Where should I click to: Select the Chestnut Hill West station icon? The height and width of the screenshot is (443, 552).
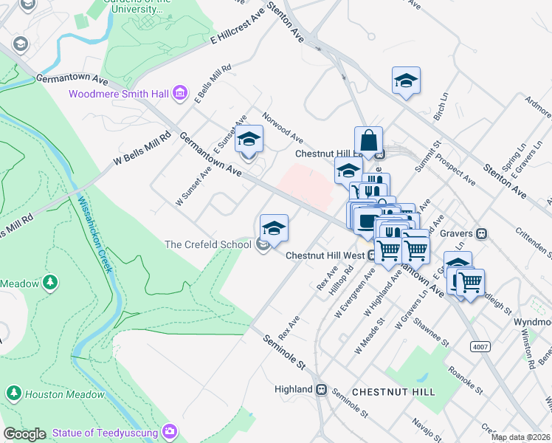tap(373, 255)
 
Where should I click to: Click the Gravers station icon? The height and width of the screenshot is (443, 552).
tap(482, 233)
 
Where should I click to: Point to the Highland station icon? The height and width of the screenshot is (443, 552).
tap(322, 389)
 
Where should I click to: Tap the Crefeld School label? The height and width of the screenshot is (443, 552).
tap(208, 244)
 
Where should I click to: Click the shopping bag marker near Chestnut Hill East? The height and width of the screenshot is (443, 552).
tap(368, 140)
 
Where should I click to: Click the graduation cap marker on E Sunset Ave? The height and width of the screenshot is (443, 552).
tap(249, 139)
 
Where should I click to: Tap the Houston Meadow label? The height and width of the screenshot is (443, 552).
tap(64, 394)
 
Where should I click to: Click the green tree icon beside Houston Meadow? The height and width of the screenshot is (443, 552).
tap(13, 394)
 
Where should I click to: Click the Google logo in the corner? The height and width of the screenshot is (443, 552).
tap(24, 434)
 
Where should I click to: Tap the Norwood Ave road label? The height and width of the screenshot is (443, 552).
tap(283, 128)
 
